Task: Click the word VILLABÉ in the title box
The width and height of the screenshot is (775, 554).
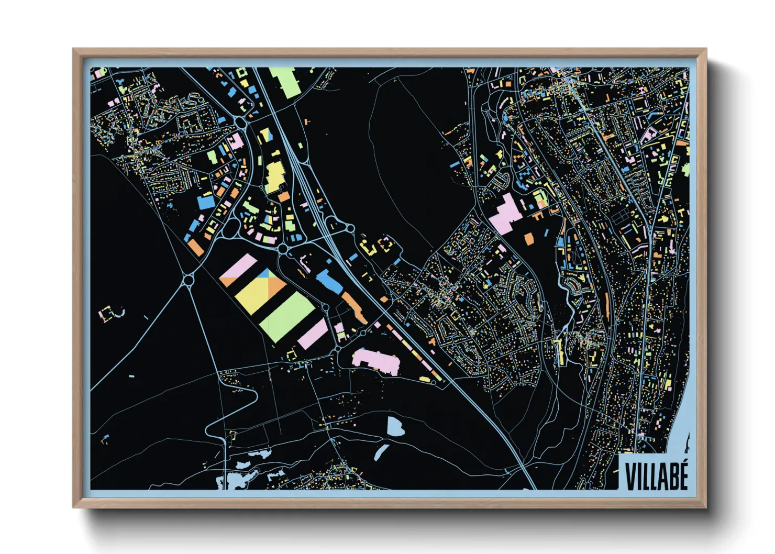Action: click(x=656, y=476)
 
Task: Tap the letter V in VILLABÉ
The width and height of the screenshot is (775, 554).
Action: click(x=630, y=477)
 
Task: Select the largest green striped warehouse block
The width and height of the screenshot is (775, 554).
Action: click(x=287, y=316)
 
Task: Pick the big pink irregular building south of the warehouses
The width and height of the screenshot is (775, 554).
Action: click(x=376, y=361)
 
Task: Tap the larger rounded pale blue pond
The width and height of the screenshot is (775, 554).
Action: click(x=396, y=427)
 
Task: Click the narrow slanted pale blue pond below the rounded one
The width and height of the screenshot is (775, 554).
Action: click(x=381, y=452)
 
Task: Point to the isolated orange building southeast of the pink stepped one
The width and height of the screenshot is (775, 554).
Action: click(x=529, y=239)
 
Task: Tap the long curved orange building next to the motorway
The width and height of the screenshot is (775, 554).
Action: click(x=355, y=308)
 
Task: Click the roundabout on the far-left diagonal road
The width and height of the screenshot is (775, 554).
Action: click(x=189, y=280)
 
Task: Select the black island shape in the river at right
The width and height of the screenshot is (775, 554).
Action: click(x=687, y=442)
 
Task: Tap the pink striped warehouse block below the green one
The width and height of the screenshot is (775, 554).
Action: click(x=313, y=334)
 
